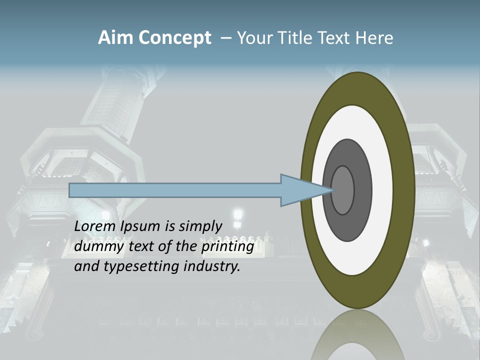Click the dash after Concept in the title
coord(226,38)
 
